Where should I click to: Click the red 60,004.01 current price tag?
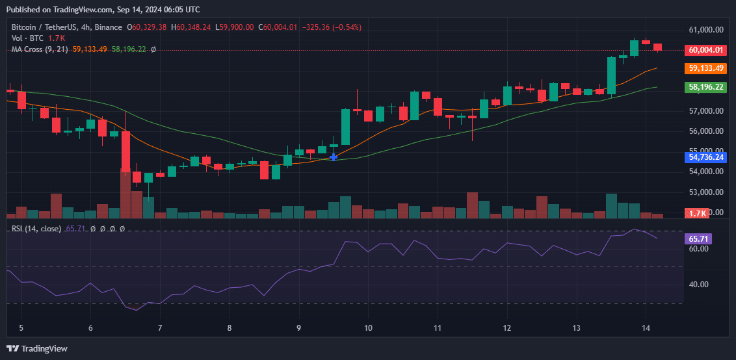[705, 50]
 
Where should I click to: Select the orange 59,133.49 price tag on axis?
[705, 68]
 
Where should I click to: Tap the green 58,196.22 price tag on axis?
[705, 86]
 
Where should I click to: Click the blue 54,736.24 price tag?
[705, 157]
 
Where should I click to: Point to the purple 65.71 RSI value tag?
[699, 239]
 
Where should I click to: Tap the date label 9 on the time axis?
[298, 328]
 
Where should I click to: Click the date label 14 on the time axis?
[646, 328]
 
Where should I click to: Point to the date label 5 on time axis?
[21, 328]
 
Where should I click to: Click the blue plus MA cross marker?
[334, 157]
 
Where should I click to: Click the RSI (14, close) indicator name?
[36, 229]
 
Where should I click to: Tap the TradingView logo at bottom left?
[37, 348]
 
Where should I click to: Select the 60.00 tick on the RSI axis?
[698, 249]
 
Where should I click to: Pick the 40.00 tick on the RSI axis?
[698, 285]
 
